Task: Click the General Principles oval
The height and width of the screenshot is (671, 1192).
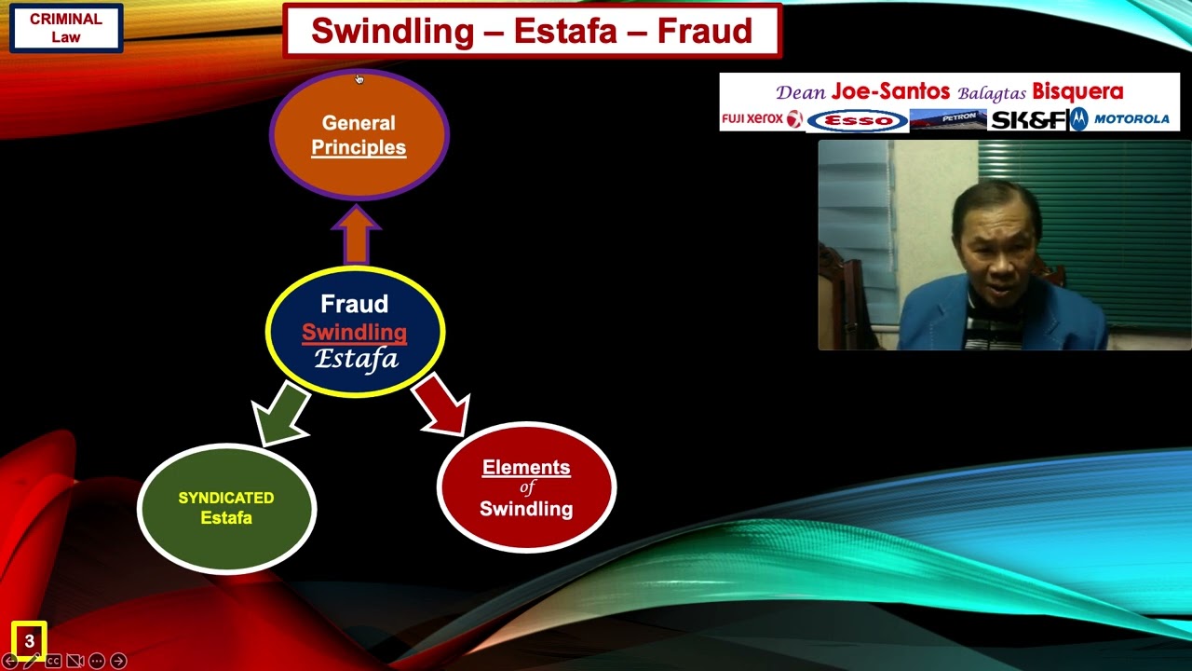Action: click(359, 135)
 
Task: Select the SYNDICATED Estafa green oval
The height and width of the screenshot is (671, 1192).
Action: click(226, 508)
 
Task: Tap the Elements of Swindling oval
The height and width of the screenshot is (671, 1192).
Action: click(526, 487)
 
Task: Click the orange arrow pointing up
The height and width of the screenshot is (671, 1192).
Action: click(356, 236)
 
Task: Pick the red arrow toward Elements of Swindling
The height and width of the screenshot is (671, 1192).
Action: click(441, 403)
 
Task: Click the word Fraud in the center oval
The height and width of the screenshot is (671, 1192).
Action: click(354, 304)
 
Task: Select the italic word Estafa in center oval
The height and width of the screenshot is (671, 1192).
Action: click(356, 359)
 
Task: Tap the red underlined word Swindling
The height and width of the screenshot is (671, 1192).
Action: click(354, 332)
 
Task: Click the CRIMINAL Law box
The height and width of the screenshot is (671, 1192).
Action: click(66, 28)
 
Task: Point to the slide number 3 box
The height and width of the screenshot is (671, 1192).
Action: click(29, 641)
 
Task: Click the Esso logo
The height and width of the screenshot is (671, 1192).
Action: click(857, 120)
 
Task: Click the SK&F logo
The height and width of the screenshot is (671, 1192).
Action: click(1028, 120)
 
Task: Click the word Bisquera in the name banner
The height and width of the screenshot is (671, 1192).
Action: click(1077, 91)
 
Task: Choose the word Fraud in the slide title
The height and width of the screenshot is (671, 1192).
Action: click(705, 31)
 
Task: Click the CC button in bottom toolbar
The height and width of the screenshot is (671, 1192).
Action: click(53, 661)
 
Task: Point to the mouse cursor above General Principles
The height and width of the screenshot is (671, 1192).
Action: click(359, 78)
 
